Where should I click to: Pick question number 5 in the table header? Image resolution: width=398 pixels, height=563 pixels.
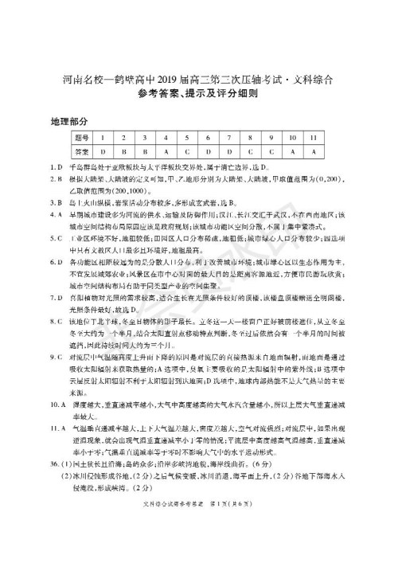[185, 138]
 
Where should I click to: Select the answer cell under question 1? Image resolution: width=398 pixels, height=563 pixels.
[103, 151]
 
